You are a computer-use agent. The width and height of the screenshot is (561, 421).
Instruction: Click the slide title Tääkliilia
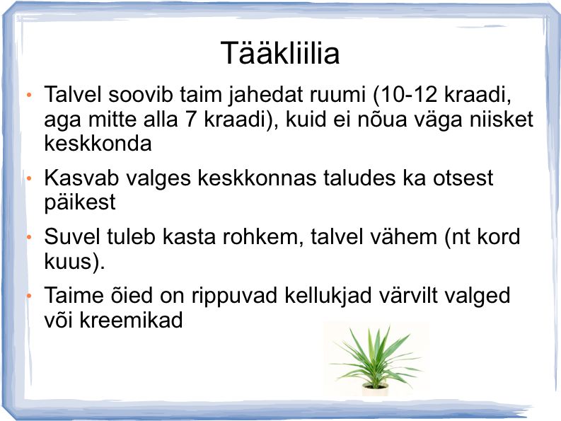(280, 53)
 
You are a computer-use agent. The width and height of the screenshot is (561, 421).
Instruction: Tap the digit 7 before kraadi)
(191, 119)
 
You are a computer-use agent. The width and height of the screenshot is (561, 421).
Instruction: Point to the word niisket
(502, 119)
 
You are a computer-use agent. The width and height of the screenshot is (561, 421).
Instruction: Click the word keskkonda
(98, 143)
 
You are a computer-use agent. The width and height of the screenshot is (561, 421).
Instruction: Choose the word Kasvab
(81, 177)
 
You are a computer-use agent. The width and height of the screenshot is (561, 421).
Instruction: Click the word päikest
(80, 203)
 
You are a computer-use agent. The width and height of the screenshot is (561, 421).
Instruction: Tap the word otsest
(463, 178)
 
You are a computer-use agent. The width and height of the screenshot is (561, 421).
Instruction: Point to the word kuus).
(74, 261)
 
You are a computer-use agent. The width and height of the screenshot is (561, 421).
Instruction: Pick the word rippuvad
(234, 296)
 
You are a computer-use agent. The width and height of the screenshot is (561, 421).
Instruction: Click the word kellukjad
(328, 296)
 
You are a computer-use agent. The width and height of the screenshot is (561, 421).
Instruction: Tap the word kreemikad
(131, 320)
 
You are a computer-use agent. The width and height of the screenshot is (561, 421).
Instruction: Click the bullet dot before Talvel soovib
(29, 96)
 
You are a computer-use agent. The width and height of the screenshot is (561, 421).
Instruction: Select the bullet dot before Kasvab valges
(29, 178)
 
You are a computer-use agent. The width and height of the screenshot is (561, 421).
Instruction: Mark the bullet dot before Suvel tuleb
(29, 237)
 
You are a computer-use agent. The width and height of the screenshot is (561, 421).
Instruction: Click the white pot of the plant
(376, 389)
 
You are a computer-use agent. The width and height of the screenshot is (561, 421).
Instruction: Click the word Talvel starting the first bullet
(73, 95)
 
